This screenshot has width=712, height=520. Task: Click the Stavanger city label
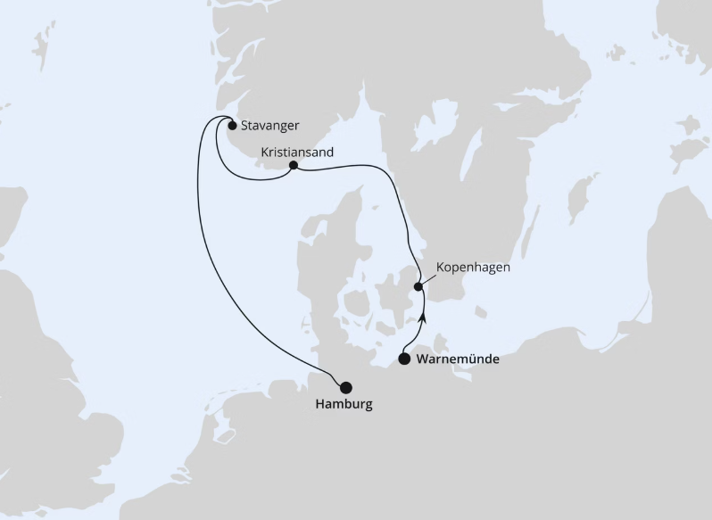tap(269, 126)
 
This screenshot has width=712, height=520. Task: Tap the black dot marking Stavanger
tap(232, 126)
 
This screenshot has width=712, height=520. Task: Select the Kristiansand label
tap(297, 153)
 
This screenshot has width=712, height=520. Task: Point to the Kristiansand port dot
tap(293, 165)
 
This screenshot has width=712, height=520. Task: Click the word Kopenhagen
tap(473, 268)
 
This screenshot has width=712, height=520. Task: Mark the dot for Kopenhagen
tap(418, 286)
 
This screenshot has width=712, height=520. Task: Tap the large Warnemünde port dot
tap(404, 359)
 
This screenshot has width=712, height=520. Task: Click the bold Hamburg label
tap(344, 404)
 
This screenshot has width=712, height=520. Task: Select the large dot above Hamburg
tap(345, 386)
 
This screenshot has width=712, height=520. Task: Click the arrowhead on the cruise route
tap(424, 315)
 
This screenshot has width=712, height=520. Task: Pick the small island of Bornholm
tap(482, 312)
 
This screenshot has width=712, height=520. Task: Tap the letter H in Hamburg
tap(320, 404)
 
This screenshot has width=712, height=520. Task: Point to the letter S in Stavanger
tap(244, 126)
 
